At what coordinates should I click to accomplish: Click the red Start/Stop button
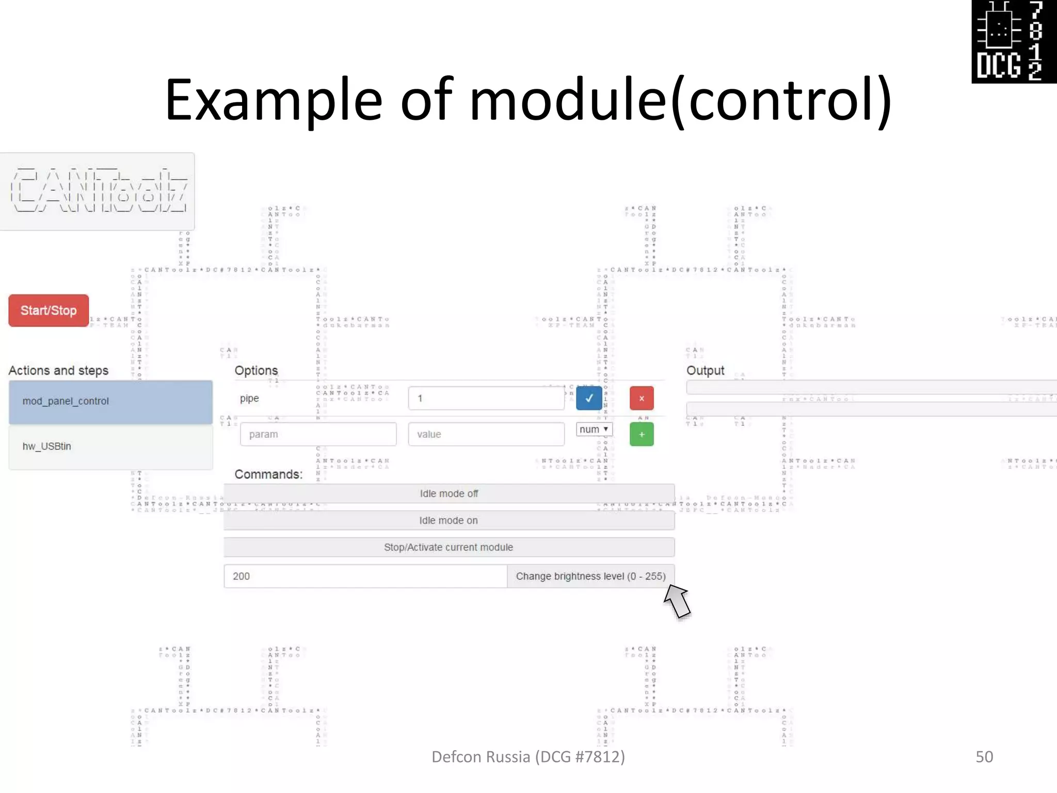point(49,310)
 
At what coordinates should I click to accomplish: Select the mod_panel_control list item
point(110,401)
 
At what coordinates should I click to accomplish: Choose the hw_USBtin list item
point(110,447)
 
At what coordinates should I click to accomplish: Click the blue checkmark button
point(589,398)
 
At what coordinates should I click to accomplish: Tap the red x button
point(642,398)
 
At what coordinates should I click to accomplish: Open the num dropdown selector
point(594,430)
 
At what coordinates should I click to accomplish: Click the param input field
point(318,434)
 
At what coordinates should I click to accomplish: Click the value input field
point(486,434)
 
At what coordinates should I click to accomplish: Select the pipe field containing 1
point(486,398)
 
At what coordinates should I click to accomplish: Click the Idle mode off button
point(449,494)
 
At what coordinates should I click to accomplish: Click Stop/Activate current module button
point(449,547)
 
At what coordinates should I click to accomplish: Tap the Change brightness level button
point(590,576)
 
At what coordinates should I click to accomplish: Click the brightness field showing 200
point(365,576)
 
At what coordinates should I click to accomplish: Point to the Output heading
point(705,371)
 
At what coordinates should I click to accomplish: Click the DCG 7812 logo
point(1014,41)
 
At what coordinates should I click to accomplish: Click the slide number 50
point(984,757)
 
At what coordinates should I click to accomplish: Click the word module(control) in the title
point(680,99)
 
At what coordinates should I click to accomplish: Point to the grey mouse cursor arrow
point(677,600)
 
